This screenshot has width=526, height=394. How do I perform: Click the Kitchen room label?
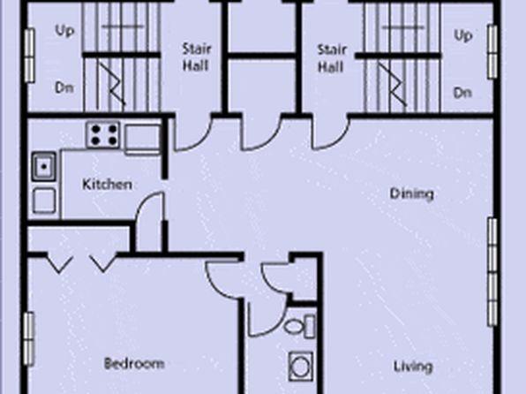(107, 185)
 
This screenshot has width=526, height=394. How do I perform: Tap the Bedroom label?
(134, 363)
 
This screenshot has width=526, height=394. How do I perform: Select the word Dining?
(411, 194)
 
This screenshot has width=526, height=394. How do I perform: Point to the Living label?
(413, 367)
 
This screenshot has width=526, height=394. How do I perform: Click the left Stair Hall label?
(197, 57)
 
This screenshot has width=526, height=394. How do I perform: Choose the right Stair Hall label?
(332, 59)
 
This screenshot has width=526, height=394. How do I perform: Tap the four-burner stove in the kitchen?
(103, 134)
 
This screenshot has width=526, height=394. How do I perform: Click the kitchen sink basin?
(44, 167)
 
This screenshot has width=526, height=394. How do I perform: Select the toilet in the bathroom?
(299, 326)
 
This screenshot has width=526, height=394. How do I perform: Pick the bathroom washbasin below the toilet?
(301, 366)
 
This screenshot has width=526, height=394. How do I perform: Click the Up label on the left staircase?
(64, 31)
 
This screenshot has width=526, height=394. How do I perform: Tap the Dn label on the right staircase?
(462, 93)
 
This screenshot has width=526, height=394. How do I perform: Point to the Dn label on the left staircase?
(64, 88)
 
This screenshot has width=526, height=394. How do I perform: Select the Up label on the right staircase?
(463, 35)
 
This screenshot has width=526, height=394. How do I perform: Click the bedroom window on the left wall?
(29, 339)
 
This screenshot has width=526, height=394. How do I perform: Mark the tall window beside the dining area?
(492, 272)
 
